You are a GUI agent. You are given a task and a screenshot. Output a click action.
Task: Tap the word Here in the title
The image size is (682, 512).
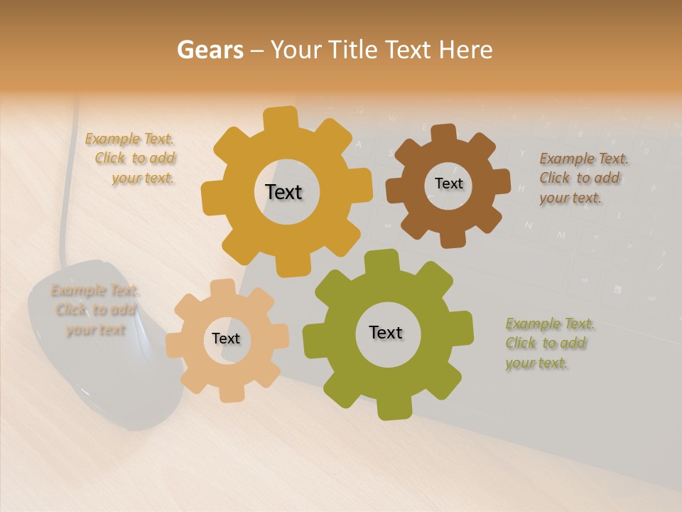465,50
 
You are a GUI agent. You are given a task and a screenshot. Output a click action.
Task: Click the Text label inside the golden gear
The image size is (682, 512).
283,192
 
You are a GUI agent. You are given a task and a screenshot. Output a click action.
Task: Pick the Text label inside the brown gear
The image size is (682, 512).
448,183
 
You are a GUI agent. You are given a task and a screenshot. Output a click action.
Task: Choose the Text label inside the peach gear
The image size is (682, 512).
226,338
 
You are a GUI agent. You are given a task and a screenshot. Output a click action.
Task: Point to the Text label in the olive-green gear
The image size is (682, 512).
386,333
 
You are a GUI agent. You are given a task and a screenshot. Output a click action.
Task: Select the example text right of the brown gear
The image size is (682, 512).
583,178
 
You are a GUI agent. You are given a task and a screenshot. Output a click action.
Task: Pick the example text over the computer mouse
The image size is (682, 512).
94,310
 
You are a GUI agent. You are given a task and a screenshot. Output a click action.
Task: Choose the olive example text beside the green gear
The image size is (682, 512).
548,343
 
